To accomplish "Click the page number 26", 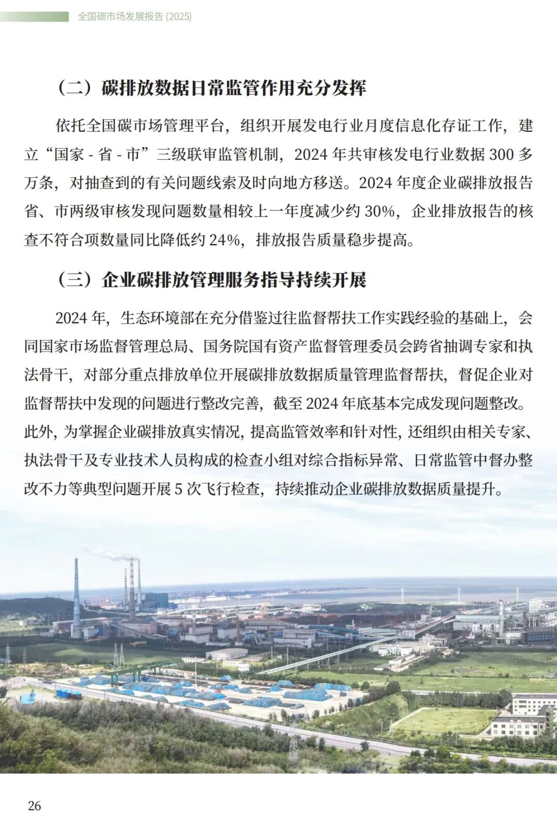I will click(x=35, y=806).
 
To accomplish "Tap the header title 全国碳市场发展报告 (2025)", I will click(x=135, y=16).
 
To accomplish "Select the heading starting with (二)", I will click(x=211, y=88).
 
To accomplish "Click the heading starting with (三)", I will click(x=211, y=280).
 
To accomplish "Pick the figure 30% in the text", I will click(x=380, y=211).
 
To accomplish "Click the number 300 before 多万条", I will click(x=500, y=154).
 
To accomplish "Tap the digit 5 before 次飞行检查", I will click(x=178, y=489).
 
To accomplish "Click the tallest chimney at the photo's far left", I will click(x=77, y=598).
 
